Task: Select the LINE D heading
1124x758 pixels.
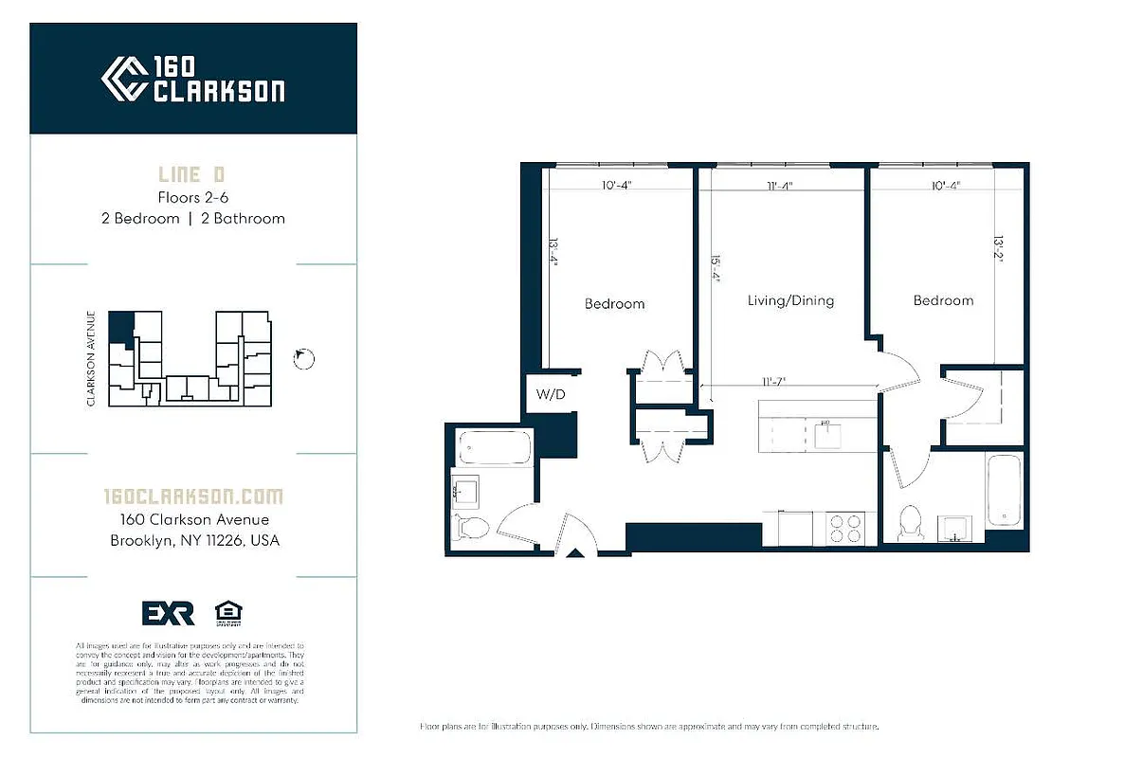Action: coord(192,175)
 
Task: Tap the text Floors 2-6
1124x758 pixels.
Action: coord(192,198)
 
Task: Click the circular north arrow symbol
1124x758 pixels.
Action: coord(304,357)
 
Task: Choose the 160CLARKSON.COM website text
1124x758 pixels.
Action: coord(192,496)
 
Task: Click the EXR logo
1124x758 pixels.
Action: coord(168,613)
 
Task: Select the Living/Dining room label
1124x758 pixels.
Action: coord(790,300)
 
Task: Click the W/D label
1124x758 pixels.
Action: coord(551,394)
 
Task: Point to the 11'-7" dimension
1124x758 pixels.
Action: coord(774,381)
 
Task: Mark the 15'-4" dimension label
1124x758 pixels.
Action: coord(717,268)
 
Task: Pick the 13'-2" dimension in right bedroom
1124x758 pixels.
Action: coord(998,248)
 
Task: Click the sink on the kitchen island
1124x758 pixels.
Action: coord(825,434)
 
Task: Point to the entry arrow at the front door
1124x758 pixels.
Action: coord(574,553)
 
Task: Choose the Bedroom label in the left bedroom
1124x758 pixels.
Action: coord(614,304)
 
